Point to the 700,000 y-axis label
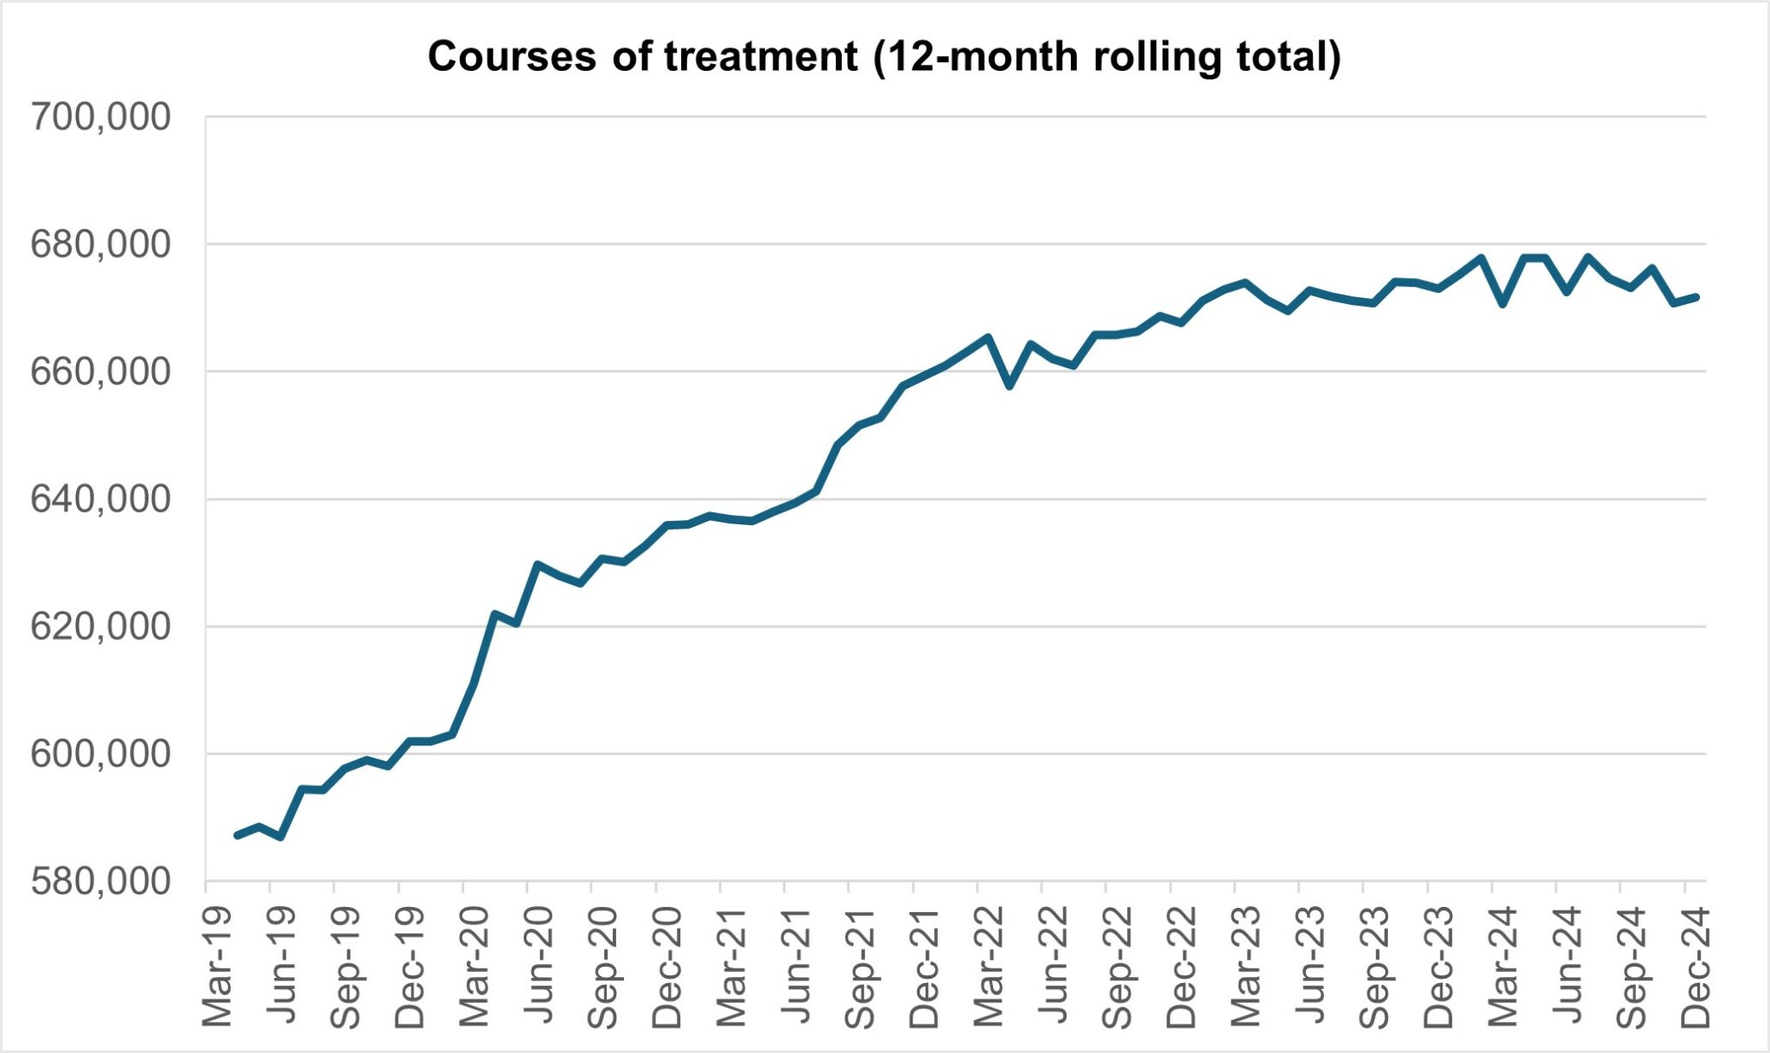(100, 117)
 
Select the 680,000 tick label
(100, 244)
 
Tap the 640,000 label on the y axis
(100, 499)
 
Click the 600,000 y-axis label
(100, 754)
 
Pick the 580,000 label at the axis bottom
(100, 881)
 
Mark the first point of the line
(238, 834)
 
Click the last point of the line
(1696, 297)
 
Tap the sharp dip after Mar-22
(1009, 386)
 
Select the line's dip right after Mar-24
(1503, 304)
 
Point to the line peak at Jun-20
(537, 564)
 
